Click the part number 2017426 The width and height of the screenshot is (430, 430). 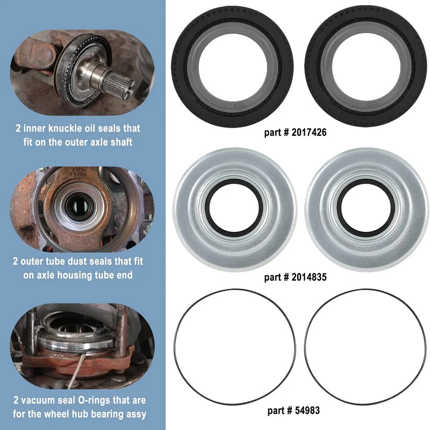[309, 132]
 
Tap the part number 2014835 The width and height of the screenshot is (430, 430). [309, 277]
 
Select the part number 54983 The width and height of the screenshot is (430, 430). [307, 411]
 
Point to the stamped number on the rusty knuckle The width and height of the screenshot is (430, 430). [78, 171]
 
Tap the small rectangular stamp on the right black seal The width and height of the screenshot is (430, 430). [372, 105]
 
